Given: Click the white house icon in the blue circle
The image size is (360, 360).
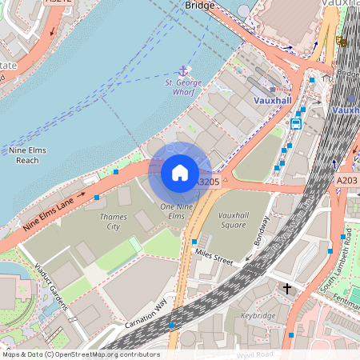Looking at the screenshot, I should tap(180, 172).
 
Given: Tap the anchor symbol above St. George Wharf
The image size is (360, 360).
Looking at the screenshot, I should tap(182, 72).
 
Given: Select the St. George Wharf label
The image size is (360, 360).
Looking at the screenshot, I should tap(182, 86).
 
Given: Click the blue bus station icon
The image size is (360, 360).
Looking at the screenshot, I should tap(296, 123).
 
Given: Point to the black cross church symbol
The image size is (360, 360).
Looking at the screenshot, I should tap(287, 288).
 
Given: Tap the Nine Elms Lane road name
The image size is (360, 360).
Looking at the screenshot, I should tap(54, 214).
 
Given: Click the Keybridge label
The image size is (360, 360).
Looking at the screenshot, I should tap(258, 315).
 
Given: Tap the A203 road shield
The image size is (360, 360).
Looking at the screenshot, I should tap(346, 182).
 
